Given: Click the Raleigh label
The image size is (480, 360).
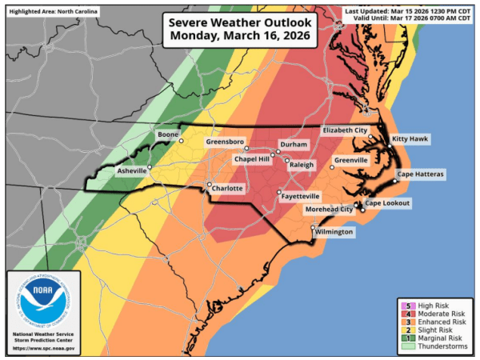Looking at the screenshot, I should (302, 164).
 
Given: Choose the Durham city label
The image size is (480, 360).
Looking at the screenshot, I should (293, 146).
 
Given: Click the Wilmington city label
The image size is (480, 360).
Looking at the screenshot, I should (334, 232).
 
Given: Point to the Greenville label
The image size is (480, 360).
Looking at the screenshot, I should (350, 160).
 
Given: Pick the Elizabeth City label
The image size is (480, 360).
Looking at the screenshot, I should (345, 130).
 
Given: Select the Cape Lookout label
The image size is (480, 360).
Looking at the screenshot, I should (388, 203).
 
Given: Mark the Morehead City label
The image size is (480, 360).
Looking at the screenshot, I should (329, 209).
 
